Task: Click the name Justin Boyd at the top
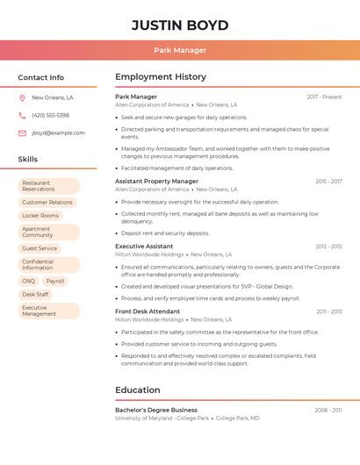[180, 25]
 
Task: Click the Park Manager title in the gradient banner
[180, 50]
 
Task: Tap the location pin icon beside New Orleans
[22, 97]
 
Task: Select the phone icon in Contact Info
[22, 115]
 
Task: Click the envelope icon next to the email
[22, 133]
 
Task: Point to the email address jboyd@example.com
[58, 133]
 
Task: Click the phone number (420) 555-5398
[50, 115]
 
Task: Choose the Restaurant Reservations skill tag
[48, 186]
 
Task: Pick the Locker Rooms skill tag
[40, 215]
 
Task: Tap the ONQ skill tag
[29, 281]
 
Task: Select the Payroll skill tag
[55, 281]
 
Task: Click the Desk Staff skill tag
[35, 294]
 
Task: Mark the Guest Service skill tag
[40, 248]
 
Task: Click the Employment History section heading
[161, 77]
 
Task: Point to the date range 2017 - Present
[324, 97]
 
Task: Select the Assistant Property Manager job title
[156, 181]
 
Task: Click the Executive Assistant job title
[144, 247]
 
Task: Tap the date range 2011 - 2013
[329, 311]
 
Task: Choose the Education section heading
[138, 390]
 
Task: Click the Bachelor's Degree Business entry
[156, 410]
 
